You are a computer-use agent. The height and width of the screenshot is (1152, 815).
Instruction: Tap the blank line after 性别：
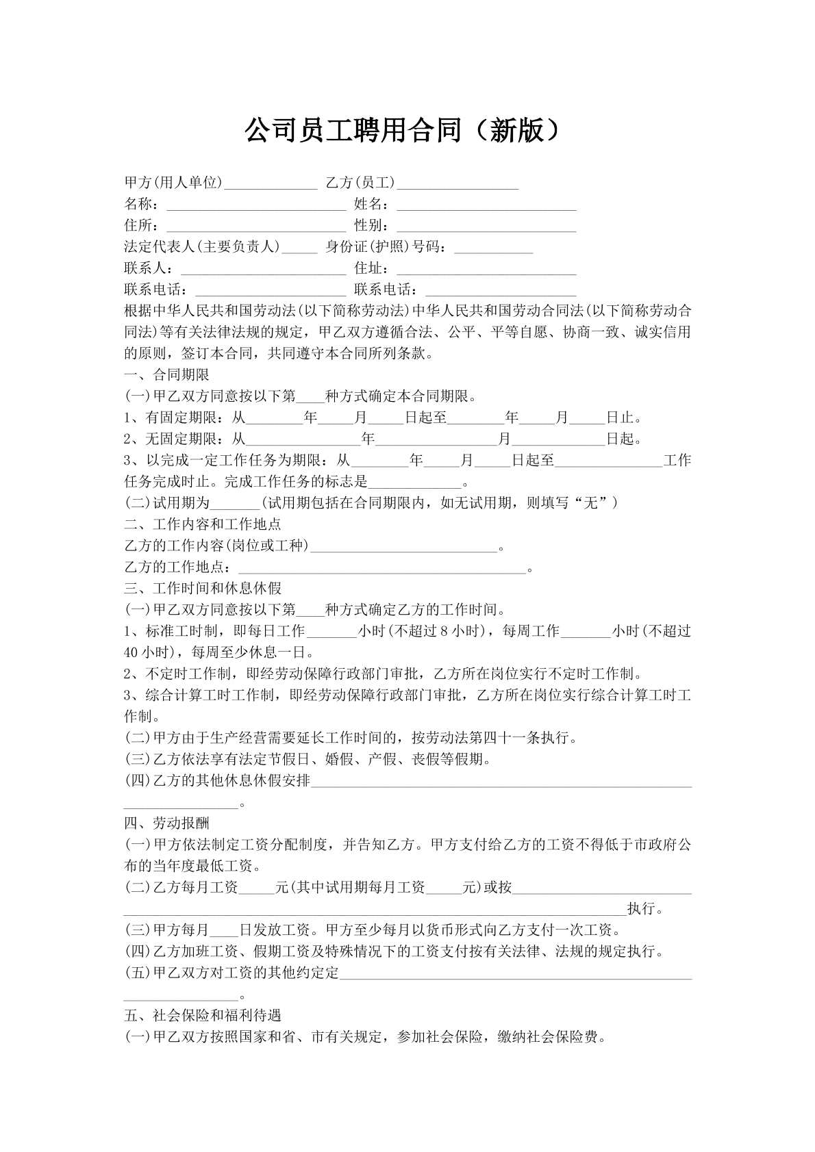[486, 227]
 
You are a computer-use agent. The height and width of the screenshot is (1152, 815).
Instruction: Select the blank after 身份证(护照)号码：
[493, 248]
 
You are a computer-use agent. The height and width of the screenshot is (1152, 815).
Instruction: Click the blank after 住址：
[486, 269]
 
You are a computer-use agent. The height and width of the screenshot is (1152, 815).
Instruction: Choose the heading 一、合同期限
[167, 375]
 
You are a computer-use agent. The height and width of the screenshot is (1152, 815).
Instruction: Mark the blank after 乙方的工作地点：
[381, 568]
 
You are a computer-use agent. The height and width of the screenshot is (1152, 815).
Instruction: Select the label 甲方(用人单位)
[174, 183]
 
